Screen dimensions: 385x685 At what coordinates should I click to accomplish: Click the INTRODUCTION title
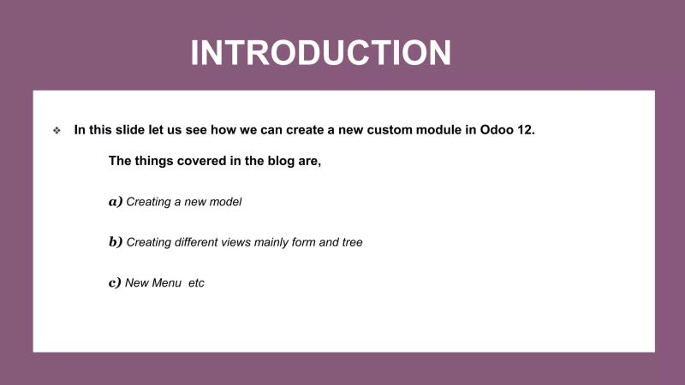320,53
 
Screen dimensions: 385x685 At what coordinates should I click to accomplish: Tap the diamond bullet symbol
57,131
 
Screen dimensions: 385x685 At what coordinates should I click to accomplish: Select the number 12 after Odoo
527,130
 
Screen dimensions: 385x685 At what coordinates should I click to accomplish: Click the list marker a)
116,202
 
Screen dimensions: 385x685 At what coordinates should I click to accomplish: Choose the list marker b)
116,242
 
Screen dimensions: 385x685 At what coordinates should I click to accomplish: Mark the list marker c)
115,282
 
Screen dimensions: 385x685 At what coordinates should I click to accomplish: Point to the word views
249,242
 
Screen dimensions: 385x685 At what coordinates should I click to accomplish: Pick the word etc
196,282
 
